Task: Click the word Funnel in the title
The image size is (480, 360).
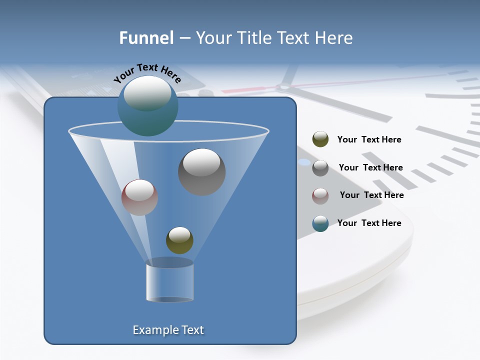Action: [146, 38]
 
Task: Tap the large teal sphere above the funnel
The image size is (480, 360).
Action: [147, 106]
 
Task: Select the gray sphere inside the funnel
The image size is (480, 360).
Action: [201, 172]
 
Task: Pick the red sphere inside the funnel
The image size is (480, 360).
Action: [139, 197]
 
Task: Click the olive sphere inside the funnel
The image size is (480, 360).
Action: [179, 240]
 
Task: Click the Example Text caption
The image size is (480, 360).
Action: [168, 330]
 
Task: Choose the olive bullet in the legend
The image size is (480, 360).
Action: [320, 139]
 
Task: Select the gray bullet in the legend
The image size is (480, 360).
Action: [320, 167]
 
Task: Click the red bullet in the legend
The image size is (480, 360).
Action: [320, 195]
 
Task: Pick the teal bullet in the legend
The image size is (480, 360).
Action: [320, 223]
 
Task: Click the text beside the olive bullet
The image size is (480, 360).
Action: [369, 139]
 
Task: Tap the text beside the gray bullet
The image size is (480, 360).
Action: [370, 167]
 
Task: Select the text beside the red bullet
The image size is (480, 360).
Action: [371, 195]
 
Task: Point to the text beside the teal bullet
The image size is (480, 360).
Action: [369, 223]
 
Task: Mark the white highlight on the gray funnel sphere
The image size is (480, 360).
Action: [201, 162]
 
